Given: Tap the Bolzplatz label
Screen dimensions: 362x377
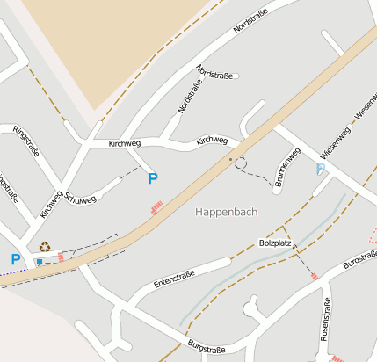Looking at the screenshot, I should pos(275,243).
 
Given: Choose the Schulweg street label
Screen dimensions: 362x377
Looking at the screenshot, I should pos(80,199).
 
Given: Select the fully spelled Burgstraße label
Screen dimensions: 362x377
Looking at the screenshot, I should pos(206,347).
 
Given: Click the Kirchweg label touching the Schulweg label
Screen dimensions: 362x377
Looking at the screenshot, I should pos(51,204).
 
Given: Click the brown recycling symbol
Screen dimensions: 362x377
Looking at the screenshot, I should pos(45,248).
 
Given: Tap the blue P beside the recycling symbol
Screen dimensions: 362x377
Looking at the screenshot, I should pos(15,259).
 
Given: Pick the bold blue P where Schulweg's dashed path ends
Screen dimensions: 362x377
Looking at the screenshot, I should pos(153,178).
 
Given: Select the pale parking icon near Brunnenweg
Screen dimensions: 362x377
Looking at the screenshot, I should pos(321,168).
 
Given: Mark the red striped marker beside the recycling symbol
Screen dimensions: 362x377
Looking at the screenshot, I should pos(61,257).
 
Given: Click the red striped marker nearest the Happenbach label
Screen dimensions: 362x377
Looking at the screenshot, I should pos(157,207).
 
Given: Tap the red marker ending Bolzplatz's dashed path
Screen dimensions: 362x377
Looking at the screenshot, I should pos(315,277).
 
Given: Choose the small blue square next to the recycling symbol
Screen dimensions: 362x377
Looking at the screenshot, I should pos(39,262).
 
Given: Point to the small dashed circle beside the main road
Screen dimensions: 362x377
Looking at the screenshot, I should pos(241,163).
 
